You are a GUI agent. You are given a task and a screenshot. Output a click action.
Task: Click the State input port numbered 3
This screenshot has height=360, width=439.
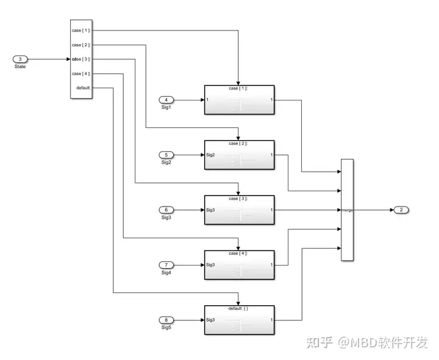pos(20,59)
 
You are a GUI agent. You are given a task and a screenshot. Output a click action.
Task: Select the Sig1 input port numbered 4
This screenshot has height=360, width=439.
pos(166,99)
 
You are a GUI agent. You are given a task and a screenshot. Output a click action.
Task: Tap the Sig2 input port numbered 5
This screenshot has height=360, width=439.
pos(166,155)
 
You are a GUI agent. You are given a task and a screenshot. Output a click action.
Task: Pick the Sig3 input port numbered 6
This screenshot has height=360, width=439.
pos(166,210)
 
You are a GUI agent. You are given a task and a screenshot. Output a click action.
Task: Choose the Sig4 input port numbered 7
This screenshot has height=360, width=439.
pos(166,265)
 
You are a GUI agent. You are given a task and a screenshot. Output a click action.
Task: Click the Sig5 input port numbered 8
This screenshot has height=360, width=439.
pos(166,320)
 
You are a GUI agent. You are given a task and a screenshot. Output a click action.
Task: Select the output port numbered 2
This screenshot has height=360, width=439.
pos(401,210)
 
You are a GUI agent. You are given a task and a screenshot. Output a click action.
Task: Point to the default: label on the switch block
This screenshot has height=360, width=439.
pos(84,88)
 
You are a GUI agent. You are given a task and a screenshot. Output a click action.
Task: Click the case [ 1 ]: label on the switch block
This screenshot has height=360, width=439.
pos(81,30)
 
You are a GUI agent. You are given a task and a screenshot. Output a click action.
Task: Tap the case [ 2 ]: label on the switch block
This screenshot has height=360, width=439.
pos(81,45)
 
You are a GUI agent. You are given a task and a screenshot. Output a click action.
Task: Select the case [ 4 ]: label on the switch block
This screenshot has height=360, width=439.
pos(81,74)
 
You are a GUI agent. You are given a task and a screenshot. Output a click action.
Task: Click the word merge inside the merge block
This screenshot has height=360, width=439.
pos(347,210)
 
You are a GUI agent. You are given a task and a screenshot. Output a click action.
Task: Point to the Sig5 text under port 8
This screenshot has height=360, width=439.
pos(166,328)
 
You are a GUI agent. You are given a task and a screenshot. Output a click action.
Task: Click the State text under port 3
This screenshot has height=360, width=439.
pos(20,66)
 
